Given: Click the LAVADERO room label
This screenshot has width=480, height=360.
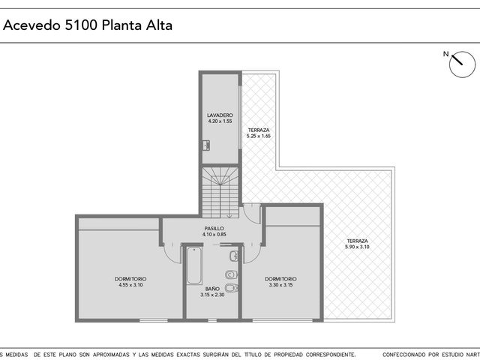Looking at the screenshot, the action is click(x=220, y=115).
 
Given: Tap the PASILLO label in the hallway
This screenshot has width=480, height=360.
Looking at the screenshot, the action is click(x=214, y=228).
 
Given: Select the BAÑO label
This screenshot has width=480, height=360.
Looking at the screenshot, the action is click(x=212, y=289).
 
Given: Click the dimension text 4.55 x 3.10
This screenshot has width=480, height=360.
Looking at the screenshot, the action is click(x=130, y=285).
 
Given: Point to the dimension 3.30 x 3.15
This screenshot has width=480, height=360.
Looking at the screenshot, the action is click(x=280, y=285).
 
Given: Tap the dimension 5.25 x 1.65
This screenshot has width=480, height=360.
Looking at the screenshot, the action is click(x=259, y=136).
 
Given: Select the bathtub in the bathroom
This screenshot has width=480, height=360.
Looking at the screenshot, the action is click(x=194, y=265).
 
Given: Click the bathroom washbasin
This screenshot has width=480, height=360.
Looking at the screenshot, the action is click(x=233, y=256).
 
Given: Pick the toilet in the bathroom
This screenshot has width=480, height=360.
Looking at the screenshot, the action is click(x=232, y=275).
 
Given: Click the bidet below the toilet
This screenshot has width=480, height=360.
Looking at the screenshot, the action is click(x=232, y=288).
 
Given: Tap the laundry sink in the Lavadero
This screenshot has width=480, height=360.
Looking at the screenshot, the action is click(x=206, y=145).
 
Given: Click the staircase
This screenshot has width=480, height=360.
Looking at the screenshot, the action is click(x=220, y=192).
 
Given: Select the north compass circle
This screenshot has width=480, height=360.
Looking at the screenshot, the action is click(x=462, y=64).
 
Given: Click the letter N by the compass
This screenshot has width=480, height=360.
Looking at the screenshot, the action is click(x=445, y=54).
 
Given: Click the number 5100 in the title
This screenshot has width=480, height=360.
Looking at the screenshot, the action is click(x=81, y=25).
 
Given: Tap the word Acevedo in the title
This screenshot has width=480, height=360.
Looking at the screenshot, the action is click(x=31, y=25).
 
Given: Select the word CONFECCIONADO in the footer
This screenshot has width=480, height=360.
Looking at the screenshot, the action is click(x=403, y=355).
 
